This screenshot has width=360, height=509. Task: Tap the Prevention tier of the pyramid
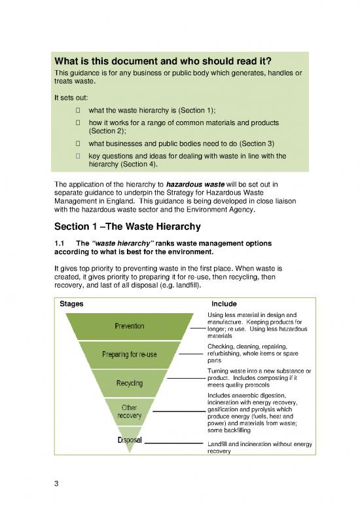point(130,326)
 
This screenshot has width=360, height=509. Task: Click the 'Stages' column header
point(71,304)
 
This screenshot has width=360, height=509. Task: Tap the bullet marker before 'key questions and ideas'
point(78,156)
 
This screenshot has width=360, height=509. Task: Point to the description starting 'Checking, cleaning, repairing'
point(251,353)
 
